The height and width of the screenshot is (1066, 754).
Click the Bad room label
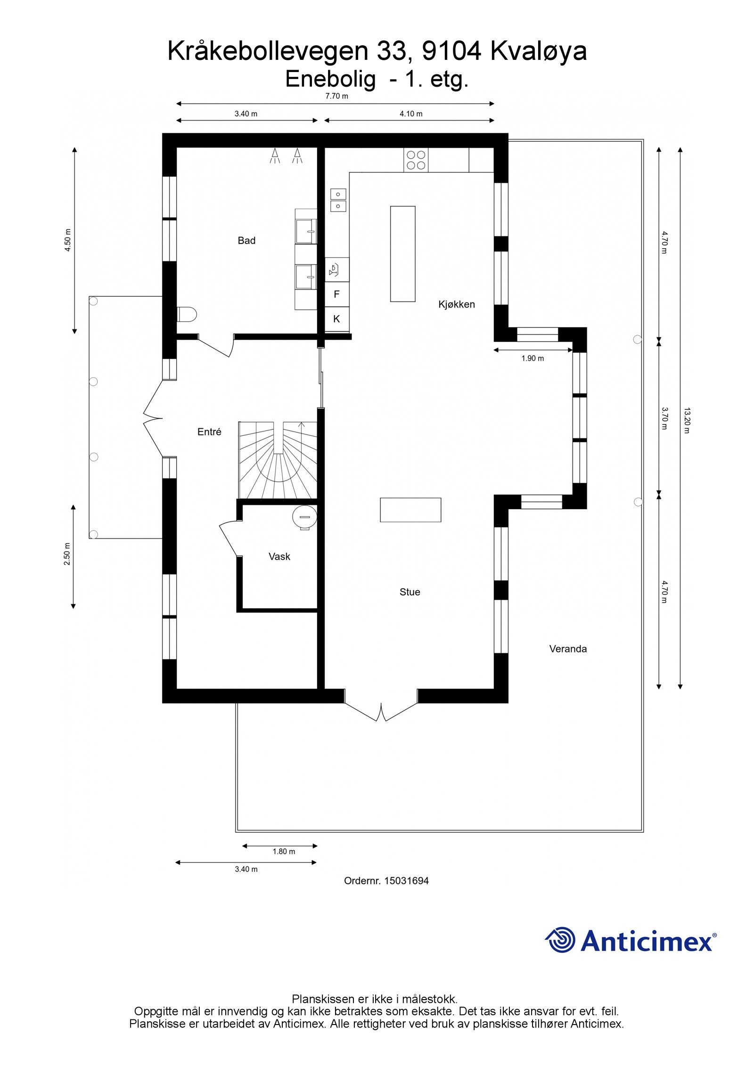point(246,241)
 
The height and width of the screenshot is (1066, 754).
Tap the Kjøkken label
point(456,304)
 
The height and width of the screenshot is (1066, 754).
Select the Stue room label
point(410,592)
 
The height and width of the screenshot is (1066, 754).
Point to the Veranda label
point(568,649)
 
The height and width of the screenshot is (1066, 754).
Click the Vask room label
point(279,556)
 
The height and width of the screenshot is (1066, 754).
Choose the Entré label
point(209,431)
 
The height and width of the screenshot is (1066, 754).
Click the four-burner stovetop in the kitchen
point(416,160)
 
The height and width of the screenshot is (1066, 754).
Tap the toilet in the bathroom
point(187,314)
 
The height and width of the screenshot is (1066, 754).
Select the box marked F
point(336,294)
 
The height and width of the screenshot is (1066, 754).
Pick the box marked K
point(336,319)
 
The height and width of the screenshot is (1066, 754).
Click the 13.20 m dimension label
point(686,420)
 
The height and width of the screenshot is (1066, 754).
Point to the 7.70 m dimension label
point(336,96)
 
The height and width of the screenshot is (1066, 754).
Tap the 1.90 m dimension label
point(533,358)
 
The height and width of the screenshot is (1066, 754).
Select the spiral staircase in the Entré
point(278,459)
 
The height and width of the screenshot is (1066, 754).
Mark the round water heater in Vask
point(304,517)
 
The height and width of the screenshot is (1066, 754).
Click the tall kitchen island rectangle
point(402,253)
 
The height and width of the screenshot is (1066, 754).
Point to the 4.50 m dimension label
point(68,240)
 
